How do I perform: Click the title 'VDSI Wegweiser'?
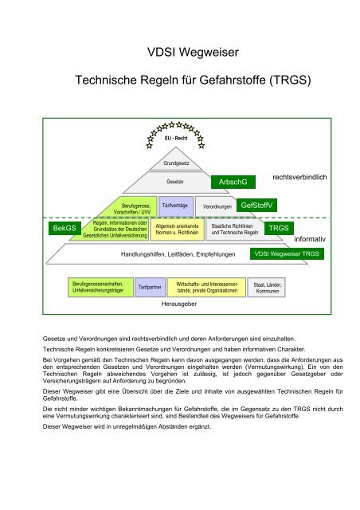[179, 53]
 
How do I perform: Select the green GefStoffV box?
[256, 206]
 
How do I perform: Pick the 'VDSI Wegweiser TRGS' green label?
[287, 254]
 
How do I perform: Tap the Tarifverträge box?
[174, 206]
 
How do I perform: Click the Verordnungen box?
[216, 206]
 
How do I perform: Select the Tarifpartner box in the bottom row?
[151, 286]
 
